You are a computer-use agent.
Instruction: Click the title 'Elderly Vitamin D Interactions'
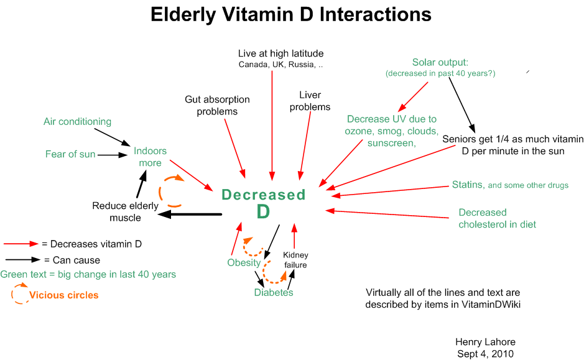click(291, 14)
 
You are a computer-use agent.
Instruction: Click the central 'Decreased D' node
click(264, 203)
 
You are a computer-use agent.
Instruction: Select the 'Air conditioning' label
click(77, 121)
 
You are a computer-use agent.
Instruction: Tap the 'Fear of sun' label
click(70, 154)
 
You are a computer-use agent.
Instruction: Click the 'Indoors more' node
click(150, 157)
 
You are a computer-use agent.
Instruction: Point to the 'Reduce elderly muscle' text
click(125, 211)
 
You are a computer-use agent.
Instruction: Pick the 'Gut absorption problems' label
click(217, 105)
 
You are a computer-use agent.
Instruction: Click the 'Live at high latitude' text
click(280, 53)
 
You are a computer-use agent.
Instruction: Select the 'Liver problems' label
click(314, 101)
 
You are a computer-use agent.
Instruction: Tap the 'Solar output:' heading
click(440, 62)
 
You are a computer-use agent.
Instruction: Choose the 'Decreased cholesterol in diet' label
click(497, 218)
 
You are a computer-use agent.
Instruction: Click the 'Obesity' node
click(244, 262)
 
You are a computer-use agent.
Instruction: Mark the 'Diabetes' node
click(273, 292)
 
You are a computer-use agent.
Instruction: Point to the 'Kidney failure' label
click(295, 260)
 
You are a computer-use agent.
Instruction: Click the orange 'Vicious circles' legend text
click(63, 295)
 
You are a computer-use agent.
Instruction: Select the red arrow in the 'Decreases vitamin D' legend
click(21, 244)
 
